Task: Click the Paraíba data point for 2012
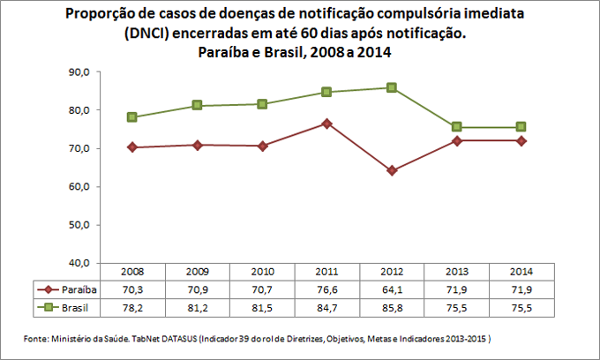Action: tap(391, 170)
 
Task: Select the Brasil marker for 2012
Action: tap(391, 87)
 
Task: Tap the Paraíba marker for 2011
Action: tap(326, 124)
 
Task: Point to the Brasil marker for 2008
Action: tap(132, 117)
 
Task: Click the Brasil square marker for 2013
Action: tap(456, 127)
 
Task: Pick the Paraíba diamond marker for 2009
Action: tap(197, 145)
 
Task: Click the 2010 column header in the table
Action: tap(262, 273)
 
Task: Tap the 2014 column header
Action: tap(521, 273)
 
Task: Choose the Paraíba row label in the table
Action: tap(79, 289)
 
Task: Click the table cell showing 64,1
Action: tap(391, 289)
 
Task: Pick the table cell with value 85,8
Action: tap(391, 306)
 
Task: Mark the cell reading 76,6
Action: tap(326, 289)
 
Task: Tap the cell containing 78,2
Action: tap(132, 306)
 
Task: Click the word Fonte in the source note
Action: tap(34, 338)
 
